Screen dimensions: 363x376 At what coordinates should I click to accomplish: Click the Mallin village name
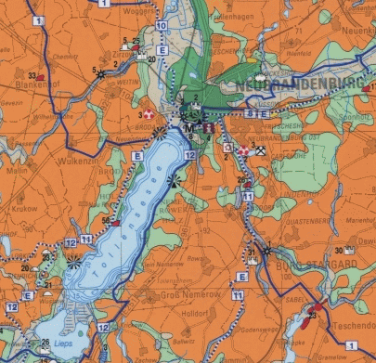click(x=16, y=172)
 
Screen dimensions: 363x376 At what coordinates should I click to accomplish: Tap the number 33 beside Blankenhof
click(x=32, y=76)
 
